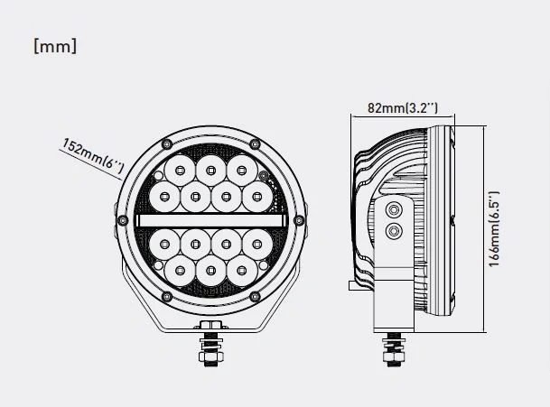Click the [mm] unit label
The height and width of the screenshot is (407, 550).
click(x=54, y=46)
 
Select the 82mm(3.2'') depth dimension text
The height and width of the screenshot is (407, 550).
click(x=403, y=108)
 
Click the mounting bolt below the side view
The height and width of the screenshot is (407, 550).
click(x=395, y=347)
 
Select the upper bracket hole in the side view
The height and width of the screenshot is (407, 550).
click(x=392, y=209)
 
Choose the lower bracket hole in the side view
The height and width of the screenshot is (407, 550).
click(x=392, y=232)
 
